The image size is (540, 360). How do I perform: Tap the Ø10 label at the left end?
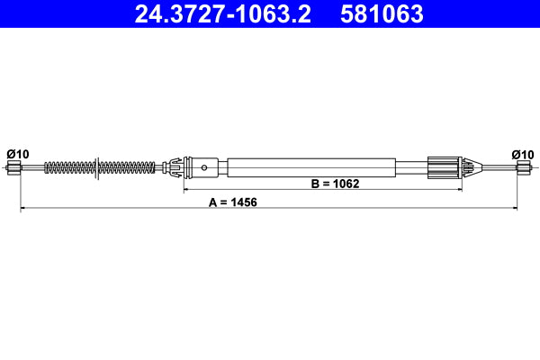point(18,154)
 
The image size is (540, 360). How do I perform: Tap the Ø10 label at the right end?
point(522,154)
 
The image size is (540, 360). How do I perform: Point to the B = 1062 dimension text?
point(335,184)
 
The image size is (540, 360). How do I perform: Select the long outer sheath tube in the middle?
point(310,167)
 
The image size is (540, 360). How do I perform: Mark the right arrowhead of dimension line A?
point(516,209)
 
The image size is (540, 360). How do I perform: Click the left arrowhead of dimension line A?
point(22,209)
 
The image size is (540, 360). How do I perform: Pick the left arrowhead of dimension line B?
point(186,190)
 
